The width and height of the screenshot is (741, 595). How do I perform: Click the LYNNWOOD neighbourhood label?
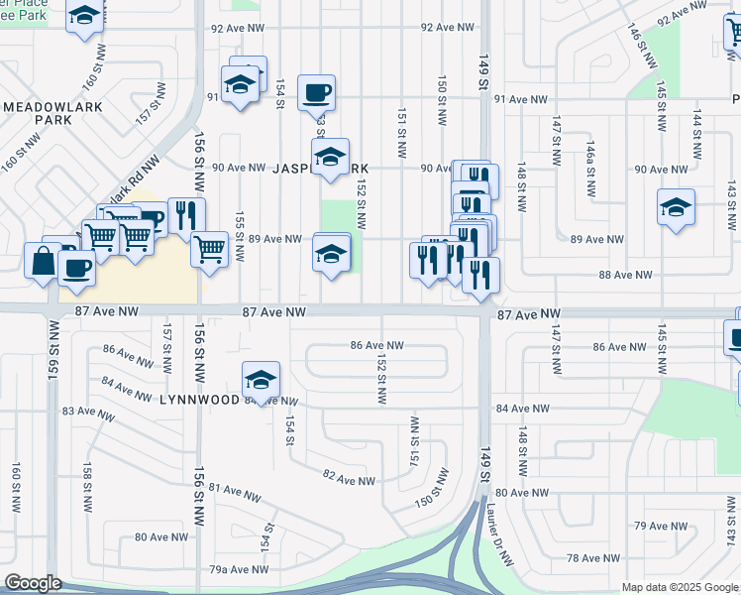[x=201, y=399]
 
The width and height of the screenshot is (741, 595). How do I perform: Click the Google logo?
[x=33, y=583]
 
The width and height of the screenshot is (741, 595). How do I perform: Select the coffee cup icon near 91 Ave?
[x=316, y=93]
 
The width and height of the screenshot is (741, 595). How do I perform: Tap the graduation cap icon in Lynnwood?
[x=261, y=381]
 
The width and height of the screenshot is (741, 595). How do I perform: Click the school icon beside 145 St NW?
[x=676, y=208]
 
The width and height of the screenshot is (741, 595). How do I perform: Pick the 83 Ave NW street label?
[x=83, y=411]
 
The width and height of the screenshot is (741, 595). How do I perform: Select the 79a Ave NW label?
[x=238, y=569]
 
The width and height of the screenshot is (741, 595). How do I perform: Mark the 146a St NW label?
[x=589, y=158]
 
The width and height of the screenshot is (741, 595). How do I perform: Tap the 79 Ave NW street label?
[x=654, y=526]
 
